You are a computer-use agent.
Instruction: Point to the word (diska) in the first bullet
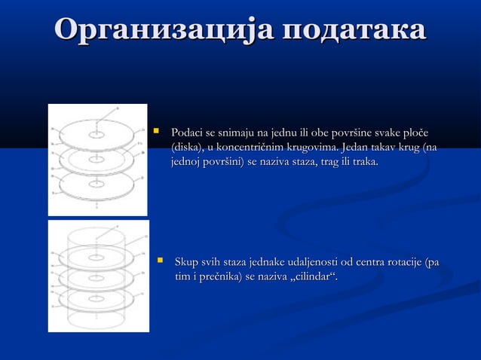click(x=188, y=148)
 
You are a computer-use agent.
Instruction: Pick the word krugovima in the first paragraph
click(x=314, y=148)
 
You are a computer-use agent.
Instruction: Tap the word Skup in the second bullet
click(x=186, y=263)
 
